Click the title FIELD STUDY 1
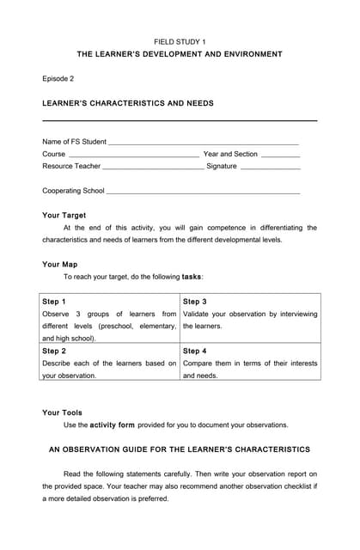pyautogui.click(x=180, y=41)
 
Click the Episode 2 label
pyautogui.click(x=58, y=78)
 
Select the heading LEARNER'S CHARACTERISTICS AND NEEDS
pyautogui.click(x=128, y=103)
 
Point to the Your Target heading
pyautogui.click(x=64, y=215)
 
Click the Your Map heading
pyautogui.click(x=60, y=265)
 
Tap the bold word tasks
pyautogui.click(x=192, y=277)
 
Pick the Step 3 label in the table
pyautogui.click(x=195, y=302)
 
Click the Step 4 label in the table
pyautogui.click(x=195, y=351)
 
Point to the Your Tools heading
pyautogui.click(x=63, y=412)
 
